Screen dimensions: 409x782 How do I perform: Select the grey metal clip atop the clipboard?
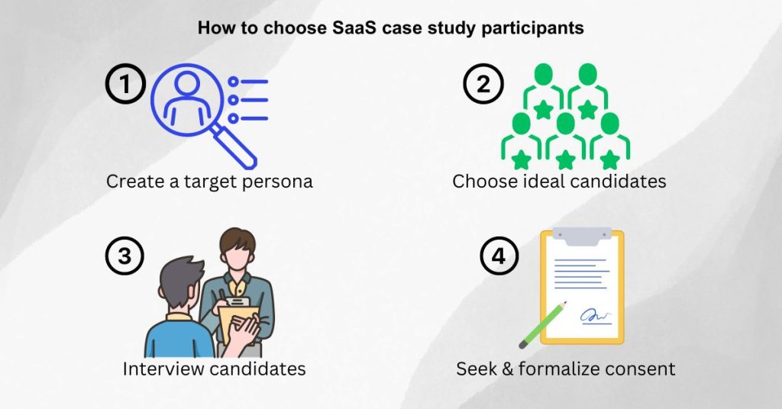582,236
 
